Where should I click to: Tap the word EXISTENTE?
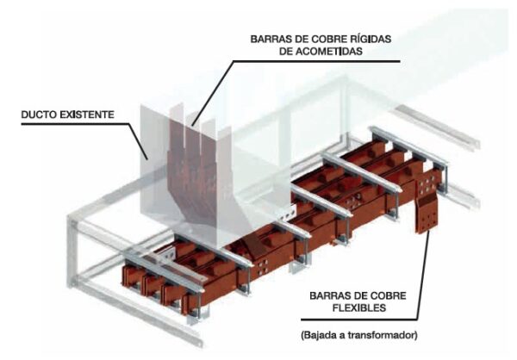87,115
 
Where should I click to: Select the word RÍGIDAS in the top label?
370,39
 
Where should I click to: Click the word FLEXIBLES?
359,308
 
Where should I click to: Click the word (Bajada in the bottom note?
319,336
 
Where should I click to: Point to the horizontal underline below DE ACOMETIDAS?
316,61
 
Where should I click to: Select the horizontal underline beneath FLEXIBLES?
359,320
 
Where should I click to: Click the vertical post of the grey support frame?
72,251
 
